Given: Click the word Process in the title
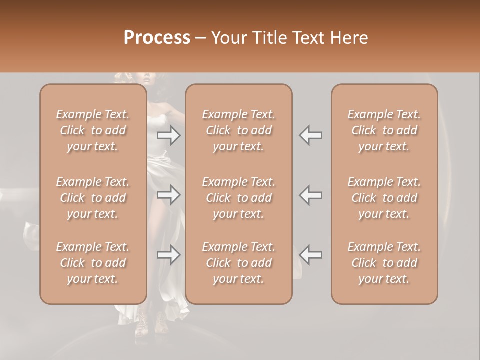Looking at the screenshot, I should click(x=157, y=37).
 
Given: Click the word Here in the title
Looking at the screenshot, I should click(x=348, y=37).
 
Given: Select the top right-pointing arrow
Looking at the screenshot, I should click(x=169, y=135).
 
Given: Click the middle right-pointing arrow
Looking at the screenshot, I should click(x=169, y=195).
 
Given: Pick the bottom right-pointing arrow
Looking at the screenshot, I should click(x=169, y=255).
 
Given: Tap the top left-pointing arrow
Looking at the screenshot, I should click(x=311, y=135).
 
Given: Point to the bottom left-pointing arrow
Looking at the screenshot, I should click(x=311, y=255).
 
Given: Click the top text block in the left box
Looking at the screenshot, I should click(x=93, y=130).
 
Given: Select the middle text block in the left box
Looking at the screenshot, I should click(x=93, y=198).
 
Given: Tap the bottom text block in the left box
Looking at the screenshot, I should click(x=93, y=263).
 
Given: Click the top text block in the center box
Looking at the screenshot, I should click(x=238, y=130).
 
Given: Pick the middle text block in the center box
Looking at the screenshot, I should click(x=238, y=198).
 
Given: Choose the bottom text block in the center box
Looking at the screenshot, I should click(x=238, y=263).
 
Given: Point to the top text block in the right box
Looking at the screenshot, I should click(x=384, y=130).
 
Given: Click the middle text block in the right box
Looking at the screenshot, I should click(x=384, y=198).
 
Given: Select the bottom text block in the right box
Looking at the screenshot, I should click(x=384, y=263).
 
